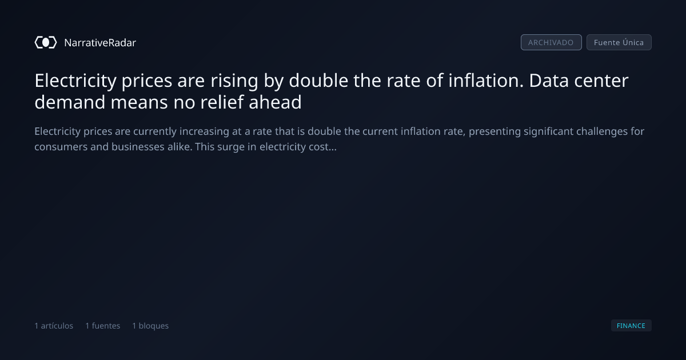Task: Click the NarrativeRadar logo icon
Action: coord(46,42)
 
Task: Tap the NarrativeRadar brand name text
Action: coord(100,42)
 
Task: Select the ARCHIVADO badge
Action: coord(551,42)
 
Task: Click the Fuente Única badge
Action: coord(619,42)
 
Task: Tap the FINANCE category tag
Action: coord(631,325)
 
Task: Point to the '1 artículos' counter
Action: coord(54,326)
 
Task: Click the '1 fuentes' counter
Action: coord(102,326)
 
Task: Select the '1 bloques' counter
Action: coord(150,326)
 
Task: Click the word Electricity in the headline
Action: coord(75,81)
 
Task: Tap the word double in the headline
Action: coord(318,81)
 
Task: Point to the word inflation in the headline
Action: coord(486,81)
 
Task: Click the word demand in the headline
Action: coord(70,102)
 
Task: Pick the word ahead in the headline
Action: coord(275,102)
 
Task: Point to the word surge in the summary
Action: coord(231,147)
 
